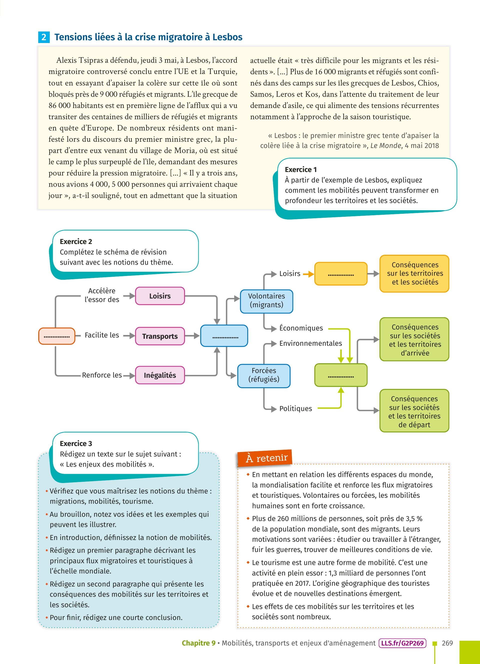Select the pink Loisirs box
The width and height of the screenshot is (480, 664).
160,296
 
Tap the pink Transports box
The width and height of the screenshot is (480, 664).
160,336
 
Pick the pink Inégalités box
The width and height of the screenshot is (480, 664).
160,375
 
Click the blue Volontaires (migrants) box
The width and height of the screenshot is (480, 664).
266,301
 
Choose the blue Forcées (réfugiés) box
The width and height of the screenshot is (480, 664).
264,375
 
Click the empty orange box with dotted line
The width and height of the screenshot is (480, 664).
57,336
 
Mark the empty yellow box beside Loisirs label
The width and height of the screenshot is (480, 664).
341,274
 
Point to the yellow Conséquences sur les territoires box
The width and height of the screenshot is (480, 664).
414,273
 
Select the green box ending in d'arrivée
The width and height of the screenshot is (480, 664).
414,339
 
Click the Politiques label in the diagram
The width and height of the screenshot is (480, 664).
295,409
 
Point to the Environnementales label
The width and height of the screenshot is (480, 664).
310,343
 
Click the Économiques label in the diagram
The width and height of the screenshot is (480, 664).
301,328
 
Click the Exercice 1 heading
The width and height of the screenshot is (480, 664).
300,170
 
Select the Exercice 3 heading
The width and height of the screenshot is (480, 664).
76,443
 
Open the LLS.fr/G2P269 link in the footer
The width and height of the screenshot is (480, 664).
402,643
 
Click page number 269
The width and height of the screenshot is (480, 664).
447,643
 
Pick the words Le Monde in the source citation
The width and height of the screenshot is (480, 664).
385,146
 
